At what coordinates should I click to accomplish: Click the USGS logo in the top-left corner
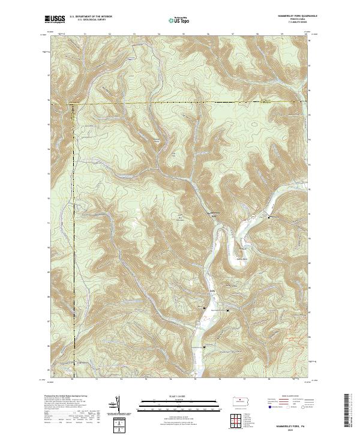tap(55, 19)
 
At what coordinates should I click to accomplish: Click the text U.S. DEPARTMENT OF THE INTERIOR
tap(91, 17)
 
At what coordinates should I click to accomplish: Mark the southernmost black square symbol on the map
tap(204, 348)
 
